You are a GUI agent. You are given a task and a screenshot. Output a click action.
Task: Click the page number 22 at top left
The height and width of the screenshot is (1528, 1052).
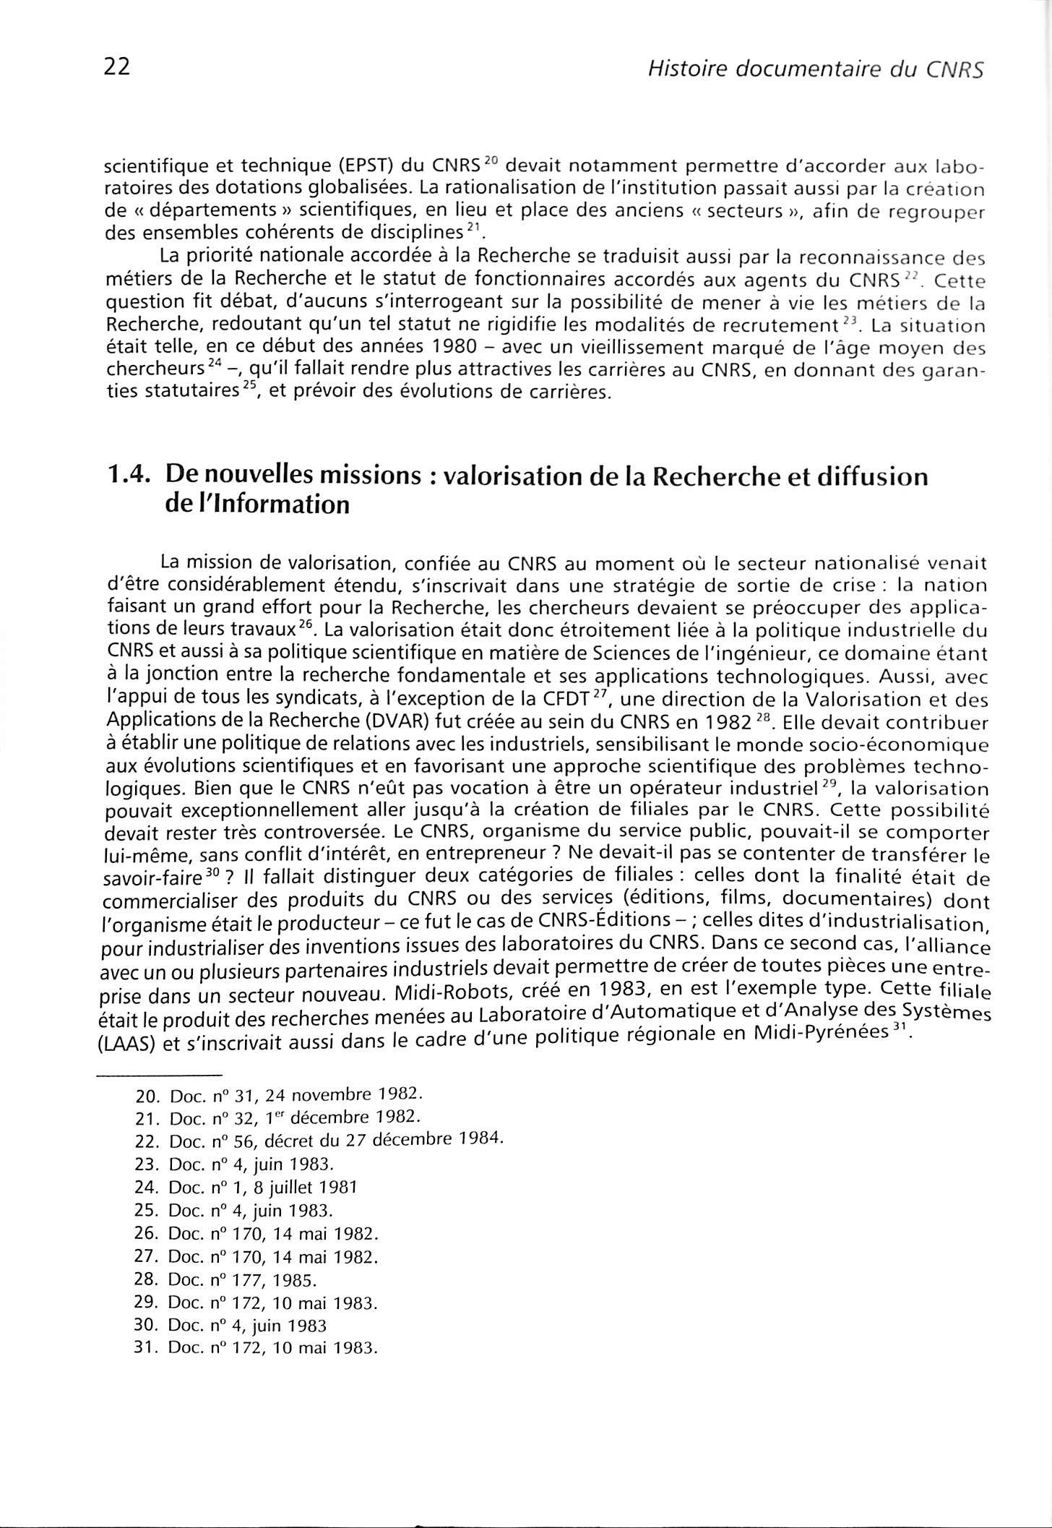coord(116,67)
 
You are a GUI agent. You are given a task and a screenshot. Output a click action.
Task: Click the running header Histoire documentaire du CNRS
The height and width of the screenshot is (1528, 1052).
coord(816,69)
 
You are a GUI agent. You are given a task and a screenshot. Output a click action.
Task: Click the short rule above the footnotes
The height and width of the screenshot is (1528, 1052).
coord(160,1075)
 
